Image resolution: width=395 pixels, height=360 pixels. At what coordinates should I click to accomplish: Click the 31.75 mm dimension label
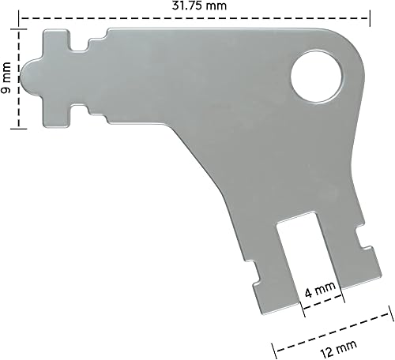[x=193, y=6]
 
